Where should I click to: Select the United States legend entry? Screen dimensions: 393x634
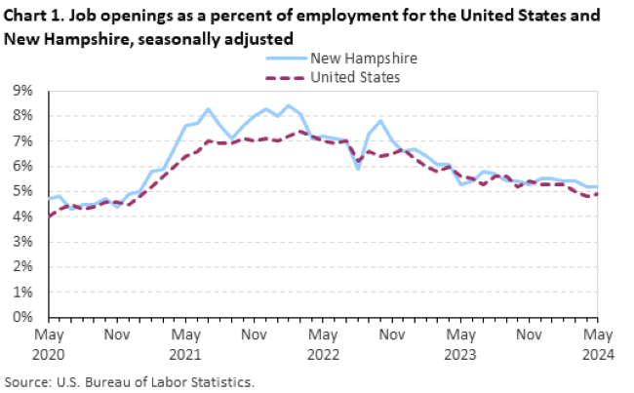pyautogui.click(x=355, y=77)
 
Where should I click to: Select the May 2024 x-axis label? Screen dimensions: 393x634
pyautogui.click(x=597, y=342)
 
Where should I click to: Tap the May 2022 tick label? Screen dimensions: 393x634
pyautogui.click(x=323, y=342)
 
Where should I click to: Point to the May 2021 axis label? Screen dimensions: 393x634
pyautogui.click(x=185, y=342)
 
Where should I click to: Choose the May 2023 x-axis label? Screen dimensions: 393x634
pyautogui.click(x=460, y=342)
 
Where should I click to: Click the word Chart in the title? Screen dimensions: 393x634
pyautogui.click(x=26, y=18)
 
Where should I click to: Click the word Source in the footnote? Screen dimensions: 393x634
pyautogui.click(x=27, y=381)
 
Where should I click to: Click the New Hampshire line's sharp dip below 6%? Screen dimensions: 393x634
pyautogui.click(x=358, y=168)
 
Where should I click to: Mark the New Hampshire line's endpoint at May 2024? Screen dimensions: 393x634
pyautogui.click(x=597, y=186)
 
